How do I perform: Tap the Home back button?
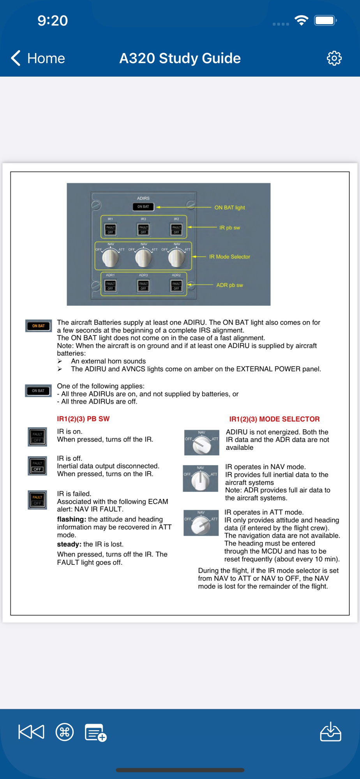[x=38, y=58]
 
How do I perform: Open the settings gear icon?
[x=334, y=58]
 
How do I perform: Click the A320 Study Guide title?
[x=180, y=58]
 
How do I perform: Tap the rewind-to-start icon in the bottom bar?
[x=31, y=732]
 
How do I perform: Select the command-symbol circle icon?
[x=65, y=732]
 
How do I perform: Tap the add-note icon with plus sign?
[x=95, y=733]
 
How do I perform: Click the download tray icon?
[x=330, y=732]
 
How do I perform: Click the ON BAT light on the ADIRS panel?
[x=143, y=207]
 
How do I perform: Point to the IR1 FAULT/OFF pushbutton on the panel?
[x=111, y=229]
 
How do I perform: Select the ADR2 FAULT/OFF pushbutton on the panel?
[x=176, y=286]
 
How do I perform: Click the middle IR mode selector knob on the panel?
[x=143, y=257]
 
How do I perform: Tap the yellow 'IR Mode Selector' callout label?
[x=229, y=257]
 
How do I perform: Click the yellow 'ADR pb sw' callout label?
[x=229, y=285]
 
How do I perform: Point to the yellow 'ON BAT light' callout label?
[x=229, y=208]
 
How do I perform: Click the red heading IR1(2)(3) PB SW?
[x=83, y=419]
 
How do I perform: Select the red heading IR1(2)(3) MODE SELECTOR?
[x=274, y=419]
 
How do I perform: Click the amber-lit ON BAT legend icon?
[x=38, y=326]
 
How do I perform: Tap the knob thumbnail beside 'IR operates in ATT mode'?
[x=201, y=523]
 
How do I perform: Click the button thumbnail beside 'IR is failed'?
[x=37, y=500]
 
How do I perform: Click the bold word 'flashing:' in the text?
[x=71, y=519]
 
